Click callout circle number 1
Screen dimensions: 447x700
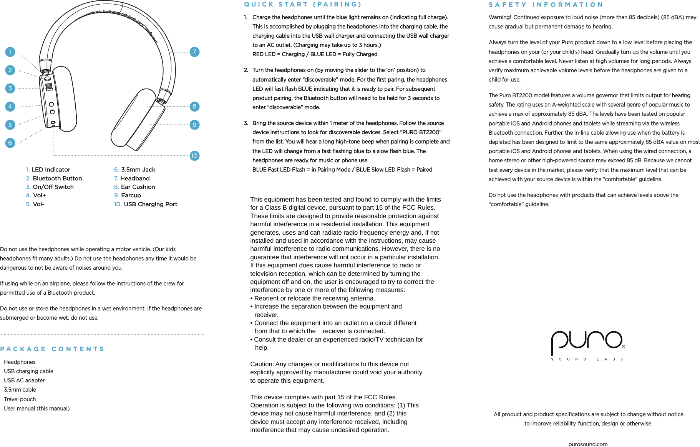click(x=10, y=52)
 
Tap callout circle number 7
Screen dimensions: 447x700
click(x=194, y=52)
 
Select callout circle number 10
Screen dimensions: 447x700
click(x=194, y=156)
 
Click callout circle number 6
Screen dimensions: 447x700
click(x=10, y=143)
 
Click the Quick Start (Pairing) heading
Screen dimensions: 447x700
click(x=303, y=5)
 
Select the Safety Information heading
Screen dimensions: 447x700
click(x=546, y=5)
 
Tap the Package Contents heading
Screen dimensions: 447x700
click(x=52, y=349)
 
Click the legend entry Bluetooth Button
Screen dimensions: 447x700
click(x=57, y=178)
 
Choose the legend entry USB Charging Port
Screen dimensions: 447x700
click(x=150, y=204)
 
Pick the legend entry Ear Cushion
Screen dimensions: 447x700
click(x=138, y=187)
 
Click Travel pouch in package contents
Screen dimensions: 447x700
click(x=20, y=399)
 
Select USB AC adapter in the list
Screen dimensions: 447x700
click(x=24, y=380)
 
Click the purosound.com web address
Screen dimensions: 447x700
click(x=588, y=444)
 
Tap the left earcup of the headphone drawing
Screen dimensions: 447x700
click(x=63, y=99)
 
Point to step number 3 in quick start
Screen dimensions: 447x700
click(x=246, y=123)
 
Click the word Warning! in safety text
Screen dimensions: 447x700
click(x=499, y=17)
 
